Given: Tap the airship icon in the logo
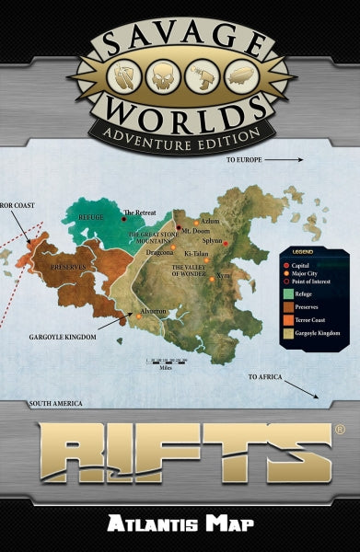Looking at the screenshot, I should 235,75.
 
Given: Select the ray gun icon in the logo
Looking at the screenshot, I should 200,75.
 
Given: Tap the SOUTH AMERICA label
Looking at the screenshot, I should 56,403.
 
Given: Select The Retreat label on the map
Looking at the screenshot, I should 142,213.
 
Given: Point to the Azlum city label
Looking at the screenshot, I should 209,222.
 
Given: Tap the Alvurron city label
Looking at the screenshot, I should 153,311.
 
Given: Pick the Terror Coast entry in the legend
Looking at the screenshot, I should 313,322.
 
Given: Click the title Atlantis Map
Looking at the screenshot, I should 180,523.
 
